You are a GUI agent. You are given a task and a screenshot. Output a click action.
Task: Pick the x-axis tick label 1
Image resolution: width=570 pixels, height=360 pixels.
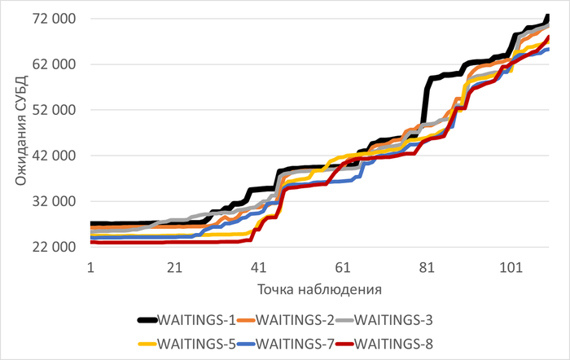90,266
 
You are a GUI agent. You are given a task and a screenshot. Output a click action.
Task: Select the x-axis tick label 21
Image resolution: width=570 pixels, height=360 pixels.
173,266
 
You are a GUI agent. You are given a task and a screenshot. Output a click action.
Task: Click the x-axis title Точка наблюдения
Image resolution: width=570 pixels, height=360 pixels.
320,289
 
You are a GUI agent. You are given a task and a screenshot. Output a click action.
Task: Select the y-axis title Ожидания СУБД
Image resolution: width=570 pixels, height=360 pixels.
22,133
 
